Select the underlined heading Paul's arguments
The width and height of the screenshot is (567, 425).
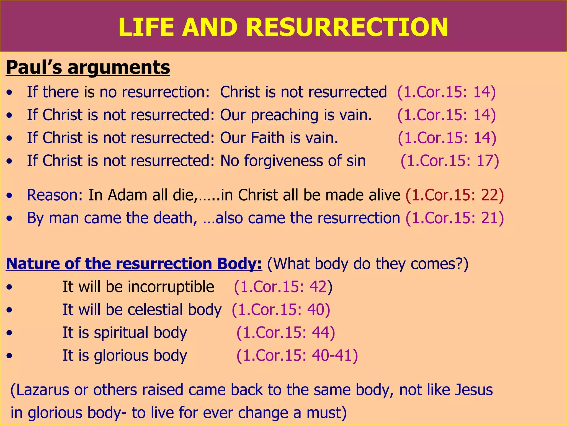pos(88,67)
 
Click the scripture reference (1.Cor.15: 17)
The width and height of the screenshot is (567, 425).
pos(450,161)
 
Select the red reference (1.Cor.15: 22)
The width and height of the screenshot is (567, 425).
pos(455,195)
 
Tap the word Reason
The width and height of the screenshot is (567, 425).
pos(52,195)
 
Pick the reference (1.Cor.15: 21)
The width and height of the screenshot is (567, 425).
pos(455,218)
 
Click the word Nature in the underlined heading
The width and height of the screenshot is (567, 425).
pos(33,263)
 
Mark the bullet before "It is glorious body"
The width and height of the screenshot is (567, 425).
pos(10,356)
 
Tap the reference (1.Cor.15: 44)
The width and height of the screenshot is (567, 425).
pos(286,332)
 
